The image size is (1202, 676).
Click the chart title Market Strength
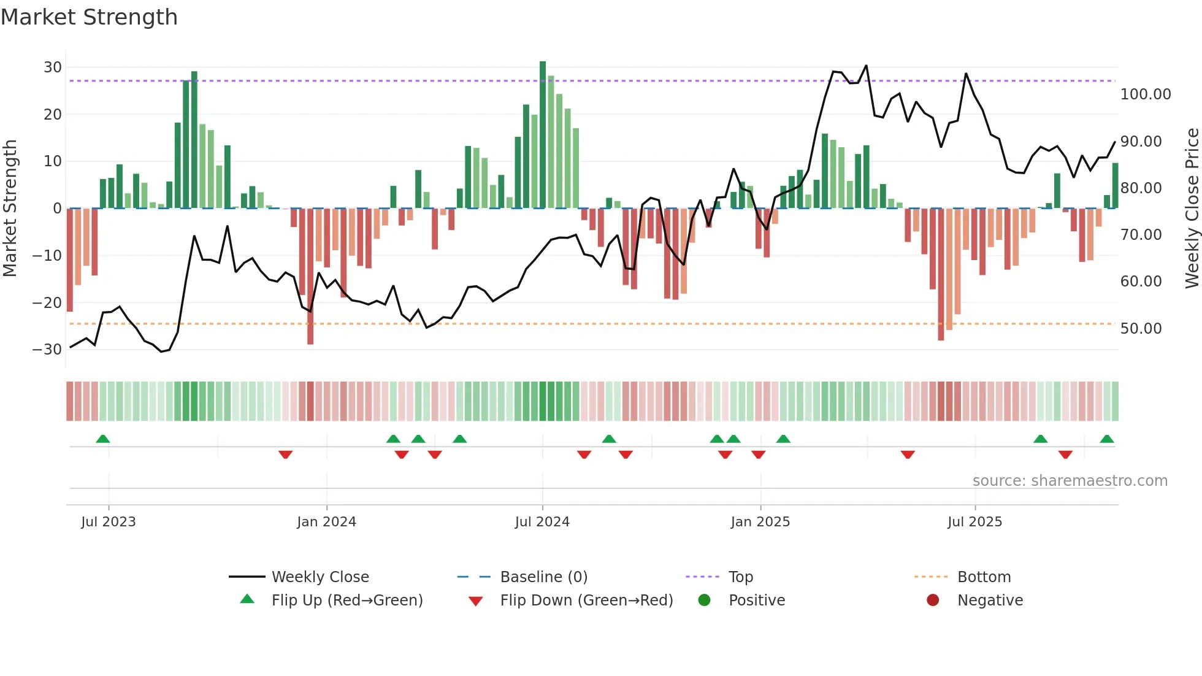pyautogui.click(x=89, y=17)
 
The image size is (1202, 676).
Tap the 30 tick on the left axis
pyautogui.click(x=52, y=67)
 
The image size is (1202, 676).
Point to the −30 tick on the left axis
pyautogui.click(x=47, y=350)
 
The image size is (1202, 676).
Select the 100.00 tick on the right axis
pyautogui.click(x=1145, y=94)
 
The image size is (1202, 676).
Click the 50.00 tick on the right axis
pyautogui.click(x=1141, y=329)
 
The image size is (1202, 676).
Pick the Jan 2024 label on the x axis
pyautogui.click(x=326, y=522)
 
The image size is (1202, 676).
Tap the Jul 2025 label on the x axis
pyautogui.click(x=974, y=522)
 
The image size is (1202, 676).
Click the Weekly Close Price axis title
pyautogui.click(x=1192, y=209)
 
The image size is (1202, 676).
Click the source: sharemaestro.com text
pyautogui.click(x=1070, y=481)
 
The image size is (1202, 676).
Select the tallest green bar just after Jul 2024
pyautogui.click(x=543, y=135)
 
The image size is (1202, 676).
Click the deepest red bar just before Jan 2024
pyautogui.click(x=310, y=276)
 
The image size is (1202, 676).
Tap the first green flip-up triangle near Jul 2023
pyautogui.click(x=103, y=439)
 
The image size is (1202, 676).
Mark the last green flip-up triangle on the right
pyautogui.click(x=1107, y=439)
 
